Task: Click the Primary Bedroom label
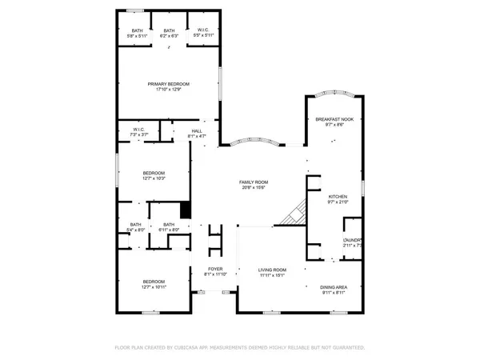tap(168, 84)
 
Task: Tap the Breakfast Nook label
tap(334, 118)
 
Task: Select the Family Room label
tap(252, 182)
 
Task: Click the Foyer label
tap(215, 269)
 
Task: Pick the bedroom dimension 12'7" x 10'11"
tap(153, 286)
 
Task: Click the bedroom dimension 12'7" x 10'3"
tap(154, 178)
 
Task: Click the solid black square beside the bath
tap(186, 210)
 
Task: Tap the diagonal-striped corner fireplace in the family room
tap(298, 210)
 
